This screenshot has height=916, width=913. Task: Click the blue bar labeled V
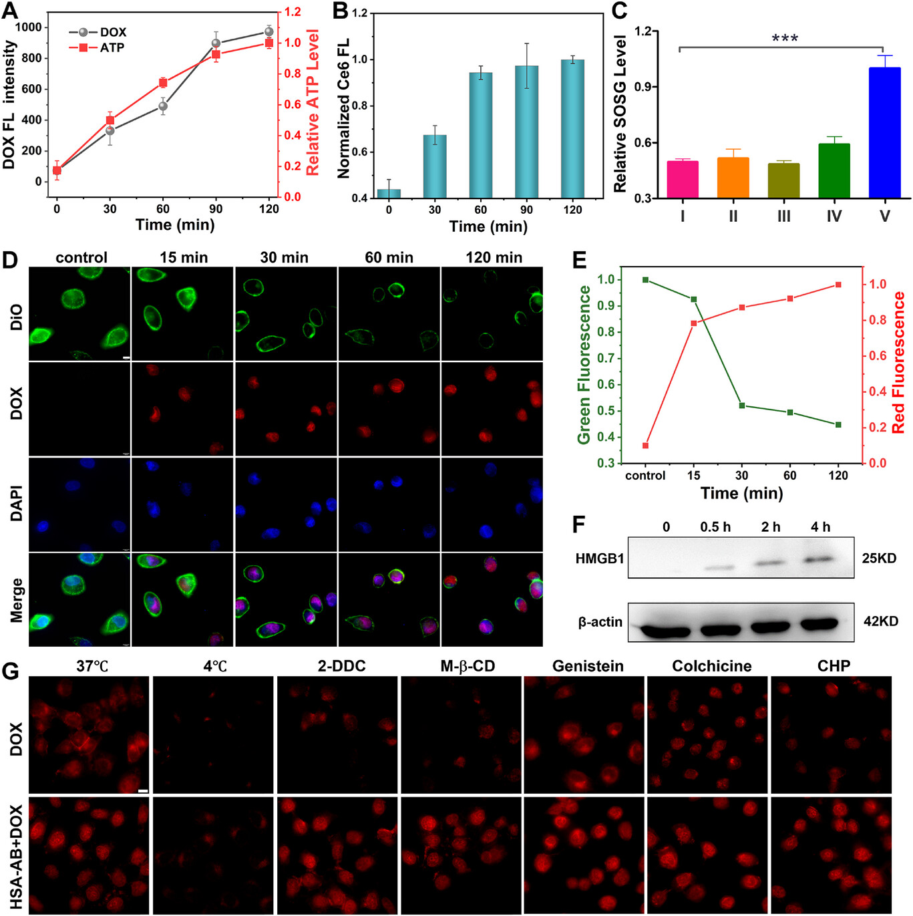(884, 133)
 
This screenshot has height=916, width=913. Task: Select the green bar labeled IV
(834, 170)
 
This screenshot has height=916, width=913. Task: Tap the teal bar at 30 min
(435, 166)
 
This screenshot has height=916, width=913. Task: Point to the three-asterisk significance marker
(785, 39)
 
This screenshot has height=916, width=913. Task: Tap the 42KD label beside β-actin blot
(880, 621)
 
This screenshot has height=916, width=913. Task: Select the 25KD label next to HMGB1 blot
(879, 558)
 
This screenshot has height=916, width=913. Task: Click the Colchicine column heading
(711, 666)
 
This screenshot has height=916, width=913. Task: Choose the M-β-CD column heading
(468, 666)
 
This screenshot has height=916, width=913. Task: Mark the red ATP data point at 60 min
(163, 83)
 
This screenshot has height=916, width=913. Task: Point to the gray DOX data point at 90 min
(216, 43)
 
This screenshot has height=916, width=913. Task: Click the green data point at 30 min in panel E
(742, 406)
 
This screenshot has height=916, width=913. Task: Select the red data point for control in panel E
(645, 446)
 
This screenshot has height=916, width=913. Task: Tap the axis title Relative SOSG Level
(620, 114)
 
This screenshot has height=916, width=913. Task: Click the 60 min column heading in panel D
(389, 257)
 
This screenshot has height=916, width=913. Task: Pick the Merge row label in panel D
(16, 600)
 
